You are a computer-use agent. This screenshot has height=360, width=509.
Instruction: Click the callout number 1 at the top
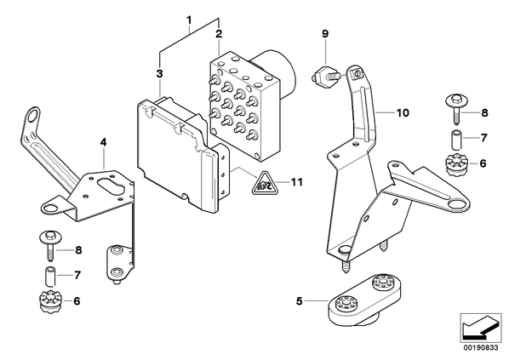pos(189,20)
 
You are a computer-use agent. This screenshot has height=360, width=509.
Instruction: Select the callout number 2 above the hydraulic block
pos(219,33)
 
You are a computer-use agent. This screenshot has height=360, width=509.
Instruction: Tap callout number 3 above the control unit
pos(159,74)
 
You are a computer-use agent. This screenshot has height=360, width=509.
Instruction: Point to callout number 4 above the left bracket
pos(103,142)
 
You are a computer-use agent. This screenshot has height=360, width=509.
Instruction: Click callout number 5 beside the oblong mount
pos(299,301)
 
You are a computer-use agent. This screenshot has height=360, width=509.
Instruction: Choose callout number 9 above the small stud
pos(325,33)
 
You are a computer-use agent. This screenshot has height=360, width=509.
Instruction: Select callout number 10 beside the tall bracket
pos(403,113)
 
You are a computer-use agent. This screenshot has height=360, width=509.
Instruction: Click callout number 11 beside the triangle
pos(296,182)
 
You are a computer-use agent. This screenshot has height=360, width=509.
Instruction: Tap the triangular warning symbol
pos(264,183)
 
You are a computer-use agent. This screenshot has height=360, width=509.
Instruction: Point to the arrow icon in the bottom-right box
pos(480,328)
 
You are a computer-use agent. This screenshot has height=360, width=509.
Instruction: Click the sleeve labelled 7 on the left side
pos(49,276)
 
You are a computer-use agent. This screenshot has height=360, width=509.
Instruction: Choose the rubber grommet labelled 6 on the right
pos(455,165)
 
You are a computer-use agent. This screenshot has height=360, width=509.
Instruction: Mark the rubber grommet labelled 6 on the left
pos(49,302)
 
